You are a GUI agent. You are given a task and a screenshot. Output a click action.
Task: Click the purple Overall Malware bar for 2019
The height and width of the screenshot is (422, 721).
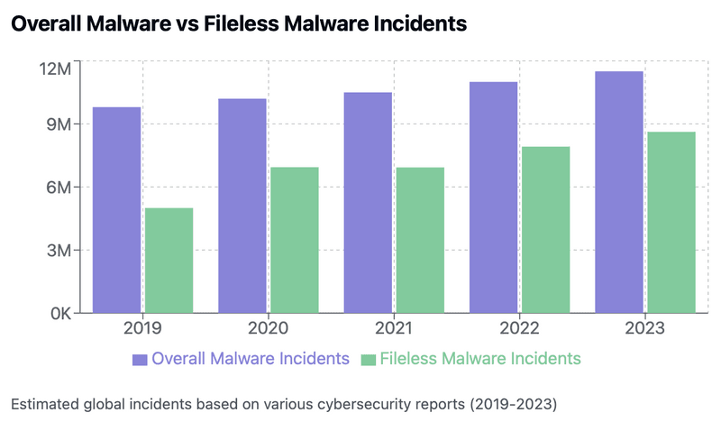pyautogui.click(x=117, y=210)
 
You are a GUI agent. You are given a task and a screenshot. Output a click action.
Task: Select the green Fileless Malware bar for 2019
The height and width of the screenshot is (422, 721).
pyautogui.click(x=169, y=261)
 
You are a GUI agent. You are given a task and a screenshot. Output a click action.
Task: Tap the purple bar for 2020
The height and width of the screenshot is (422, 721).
pyautogui.click(x=242, y=206)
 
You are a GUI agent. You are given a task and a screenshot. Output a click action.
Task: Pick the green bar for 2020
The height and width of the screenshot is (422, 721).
pyautogui.click(x=294, y=240)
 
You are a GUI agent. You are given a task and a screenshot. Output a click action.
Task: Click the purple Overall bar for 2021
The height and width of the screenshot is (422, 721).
pyautogui.click(x=368, y=203)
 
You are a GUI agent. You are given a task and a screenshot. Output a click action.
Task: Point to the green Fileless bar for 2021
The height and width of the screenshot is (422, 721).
pyautogui.click(x=419, y=240)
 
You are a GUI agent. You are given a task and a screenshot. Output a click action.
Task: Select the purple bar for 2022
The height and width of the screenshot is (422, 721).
pyautogui.click(x=493, y=197)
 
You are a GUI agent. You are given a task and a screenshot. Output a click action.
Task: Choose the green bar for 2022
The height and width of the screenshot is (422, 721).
pyautogui.click(x=545, y=230)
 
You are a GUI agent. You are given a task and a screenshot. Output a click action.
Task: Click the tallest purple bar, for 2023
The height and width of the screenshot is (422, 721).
pyautogui.click(x=619, y=192)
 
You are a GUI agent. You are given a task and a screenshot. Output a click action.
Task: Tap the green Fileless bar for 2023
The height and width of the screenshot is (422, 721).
pyautogui.click(x=671, y=223)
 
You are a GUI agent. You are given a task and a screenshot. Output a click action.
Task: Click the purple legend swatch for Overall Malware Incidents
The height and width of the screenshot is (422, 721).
pyautogui.click(x=140, y=360)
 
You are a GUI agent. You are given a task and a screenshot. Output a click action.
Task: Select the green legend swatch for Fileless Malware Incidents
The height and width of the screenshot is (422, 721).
pyautogui.click(x=368, y=360)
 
